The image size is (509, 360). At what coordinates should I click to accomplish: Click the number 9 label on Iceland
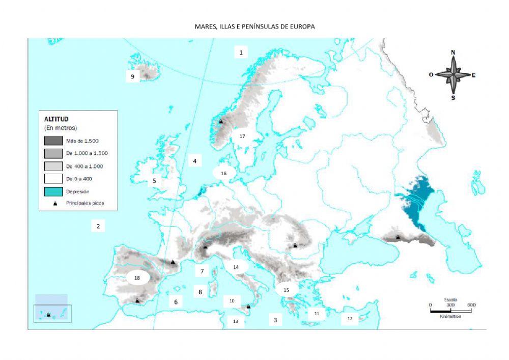click(x=133, y=76)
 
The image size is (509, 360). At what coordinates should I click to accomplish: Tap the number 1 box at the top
click(x=241, y=52)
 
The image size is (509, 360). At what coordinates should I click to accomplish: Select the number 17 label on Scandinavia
click(x=242, y=136)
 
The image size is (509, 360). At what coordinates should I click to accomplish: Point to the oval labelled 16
click(x=224, y=173)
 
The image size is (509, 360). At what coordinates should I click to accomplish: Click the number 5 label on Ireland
click(x=154, y=180)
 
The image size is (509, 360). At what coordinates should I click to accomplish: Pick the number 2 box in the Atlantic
click(x=98, y=226)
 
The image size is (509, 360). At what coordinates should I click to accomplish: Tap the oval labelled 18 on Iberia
click(x=137, y=278)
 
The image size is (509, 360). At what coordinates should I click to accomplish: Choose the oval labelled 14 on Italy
click(x=236, y=267)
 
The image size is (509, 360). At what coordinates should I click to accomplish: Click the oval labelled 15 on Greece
click(x=286, y=289)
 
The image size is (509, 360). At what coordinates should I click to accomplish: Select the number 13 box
click(x=236, y=321)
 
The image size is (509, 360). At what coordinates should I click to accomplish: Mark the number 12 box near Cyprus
click(x=350, y=319)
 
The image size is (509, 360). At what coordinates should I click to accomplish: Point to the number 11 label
click(x=317, y=314)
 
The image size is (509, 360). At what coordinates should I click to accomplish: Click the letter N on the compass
click(x=454, y=52)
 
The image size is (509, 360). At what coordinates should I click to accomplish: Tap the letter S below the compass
click(x=453, y=98)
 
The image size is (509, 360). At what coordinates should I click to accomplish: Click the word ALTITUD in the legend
click(x=56, y=119)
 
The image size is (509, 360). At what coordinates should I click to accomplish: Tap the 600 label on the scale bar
click(x=471, y=304)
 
